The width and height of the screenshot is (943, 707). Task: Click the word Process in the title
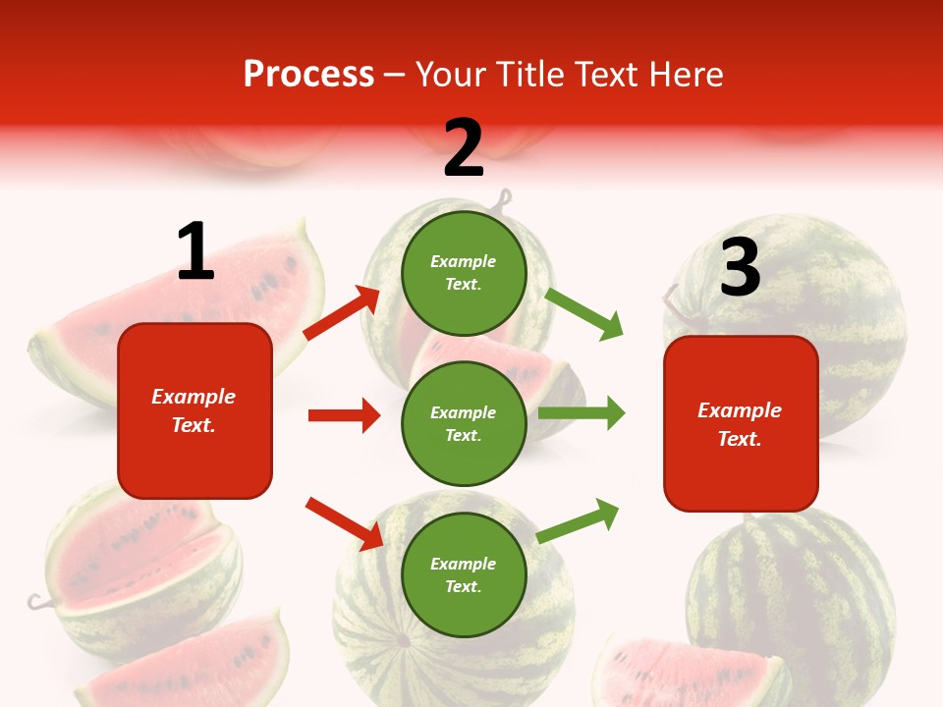coord(308,74)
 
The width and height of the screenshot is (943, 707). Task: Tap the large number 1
coord(195,252)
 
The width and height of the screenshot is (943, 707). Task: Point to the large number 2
coord(464,148)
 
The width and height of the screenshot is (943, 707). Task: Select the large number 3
coord(740,267)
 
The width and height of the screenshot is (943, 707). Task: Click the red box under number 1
coord(194,410)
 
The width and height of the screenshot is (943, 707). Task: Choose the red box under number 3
coord(741,423)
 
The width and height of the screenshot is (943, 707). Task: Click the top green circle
coord(464,272)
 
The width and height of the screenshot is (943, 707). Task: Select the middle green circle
coord(464,423)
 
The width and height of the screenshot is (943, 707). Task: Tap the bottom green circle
coord(464,574)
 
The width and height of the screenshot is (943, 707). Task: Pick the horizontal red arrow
coord(344,415)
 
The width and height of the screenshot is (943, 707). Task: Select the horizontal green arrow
coord(582,413)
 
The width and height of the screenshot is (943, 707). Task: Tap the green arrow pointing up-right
coord(579,521)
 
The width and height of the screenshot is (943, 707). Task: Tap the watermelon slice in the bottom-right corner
coord(688,673)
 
